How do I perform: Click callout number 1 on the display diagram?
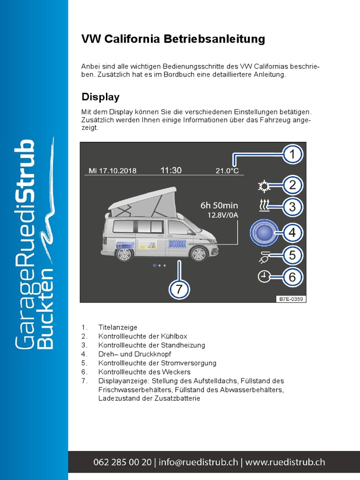292,155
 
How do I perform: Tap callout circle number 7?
179,289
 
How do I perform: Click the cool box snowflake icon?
264,186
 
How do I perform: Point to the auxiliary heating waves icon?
264,205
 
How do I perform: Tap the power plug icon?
264,256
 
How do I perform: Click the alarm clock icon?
264,277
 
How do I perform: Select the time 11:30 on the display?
171,170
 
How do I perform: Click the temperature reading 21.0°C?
227,171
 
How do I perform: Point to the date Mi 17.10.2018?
112,171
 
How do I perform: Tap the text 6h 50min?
219,205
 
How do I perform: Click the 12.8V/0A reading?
223,215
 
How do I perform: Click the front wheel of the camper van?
198,254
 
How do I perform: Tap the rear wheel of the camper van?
124,254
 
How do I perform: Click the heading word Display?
100,97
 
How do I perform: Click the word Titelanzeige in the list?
118,327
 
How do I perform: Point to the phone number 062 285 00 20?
122,462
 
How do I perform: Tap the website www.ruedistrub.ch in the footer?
285,462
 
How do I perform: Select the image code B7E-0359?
291,298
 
